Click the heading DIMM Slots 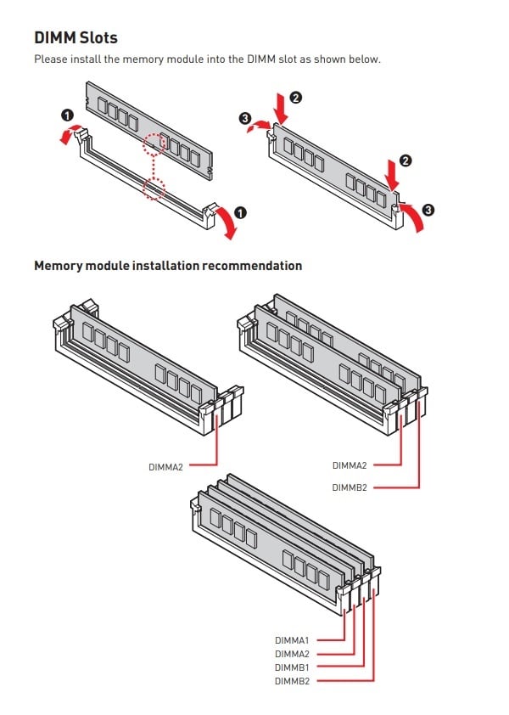click(x=76, y=37)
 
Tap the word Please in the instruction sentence click(x=50, y=59)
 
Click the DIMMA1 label click(x=292, y=639)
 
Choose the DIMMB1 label click(x=292, y=667)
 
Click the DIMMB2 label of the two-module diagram click(x=350, y=487)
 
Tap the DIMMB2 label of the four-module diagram click(x=292, y=681)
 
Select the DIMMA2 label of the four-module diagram click(x=292, y=654)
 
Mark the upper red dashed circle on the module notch click(x=153, y=144)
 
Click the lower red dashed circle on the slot click(x=153, y=188)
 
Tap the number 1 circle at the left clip click(x=65, y=115)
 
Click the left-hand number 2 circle click(x=294, y=98)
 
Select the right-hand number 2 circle click(x=405, y=160)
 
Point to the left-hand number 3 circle click(x=246, y=120)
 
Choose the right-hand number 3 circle click(x=427, y=210)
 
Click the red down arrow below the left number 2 click(x=280, y=109)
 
